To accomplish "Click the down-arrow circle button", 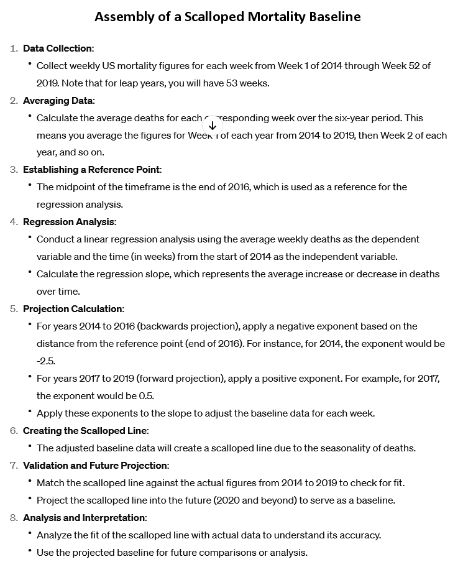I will [x=212, y=125].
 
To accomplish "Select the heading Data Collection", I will [x=58, y=48].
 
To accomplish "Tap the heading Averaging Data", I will [x=58, y=100].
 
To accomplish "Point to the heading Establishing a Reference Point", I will [x=92, y=170].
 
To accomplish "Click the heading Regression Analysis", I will [x=69, y=222].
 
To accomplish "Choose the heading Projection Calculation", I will [x=73, y=309].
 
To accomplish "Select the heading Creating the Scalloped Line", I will [x=85, y=431].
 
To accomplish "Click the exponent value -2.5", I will [x=46, y=361].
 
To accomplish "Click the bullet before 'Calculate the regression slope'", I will [x=30, y=274].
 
